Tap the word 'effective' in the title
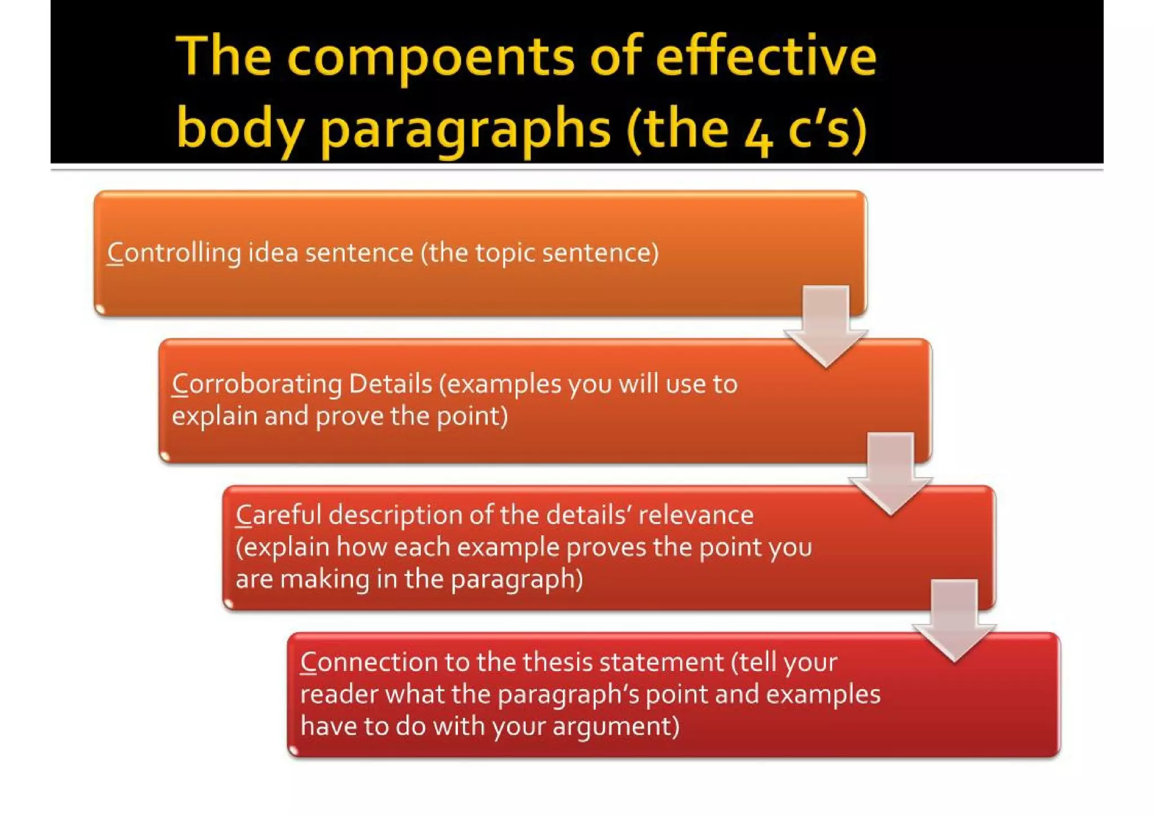pyautogui.click(x=766, y=56)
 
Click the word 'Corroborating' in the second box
pyautogui.click(x=256, y=385)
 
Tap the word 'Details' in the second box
pyautogui.click(x=390, y=384)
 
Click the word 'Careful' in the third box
pyautogui.click(x=277, y=515)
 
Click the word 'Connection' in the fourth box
pyautogui.click(x=369, y=662)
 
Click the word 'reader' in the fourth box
pyautogui.click(x=339, y=694)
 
